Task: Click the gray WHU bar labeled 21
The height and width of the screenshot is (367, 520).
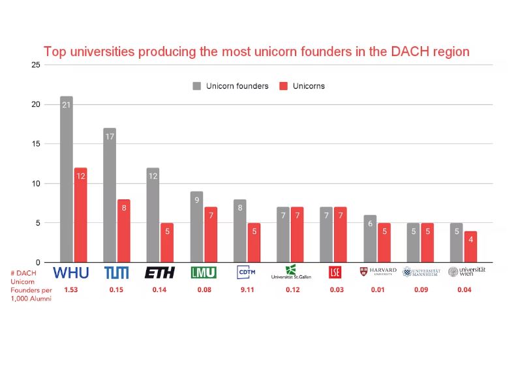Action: [x=66, y=179]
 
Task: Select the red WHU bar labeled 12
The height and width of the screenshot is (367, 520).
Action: [x=80, y=214]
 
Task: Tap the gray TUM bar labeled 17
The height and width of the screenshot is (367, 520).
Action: [x=109, y=195]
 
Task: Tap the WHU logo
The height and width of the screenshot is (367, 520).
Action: [x=70, y=272]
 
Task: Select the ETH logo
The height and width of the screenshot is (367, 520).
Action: [x=159, y=272]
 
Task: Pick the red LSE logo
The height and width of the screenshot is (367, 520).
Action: [x=335, y=272]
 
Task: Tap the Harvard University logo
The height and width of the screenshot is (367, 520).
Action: [x=378, y=272]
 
